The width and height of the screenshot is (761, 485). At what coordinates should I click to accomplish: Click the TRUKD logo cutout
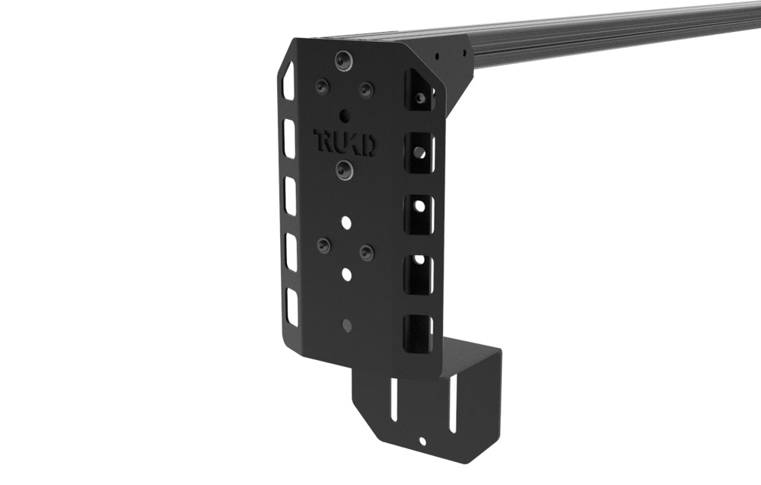pyautogui.click(x=345, y=142)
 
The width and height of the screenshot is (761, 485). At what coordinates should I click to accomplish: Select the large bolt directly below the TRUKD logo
pyautogui.click(x=345, y=169)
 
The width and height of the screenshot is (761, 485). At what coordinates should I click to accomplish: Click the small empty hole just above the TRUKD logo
pyautogui.click(x=345, y=116)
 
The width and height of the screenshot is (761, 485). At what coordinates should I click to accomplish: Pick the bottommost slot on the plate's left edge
pyautogui.click(x=292, y=307)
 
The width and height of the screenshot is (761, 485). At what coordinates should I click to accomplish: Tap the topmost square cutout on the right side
pyautogui.click(x=418, y=90)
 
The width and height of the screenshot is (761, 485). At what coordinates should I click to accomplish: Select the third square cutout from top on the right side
pyautogui.click(x=418, y=214)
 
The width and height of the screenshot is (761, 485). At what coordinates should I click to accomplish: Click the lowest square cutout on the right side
pyautogui.click(x=417, y=333)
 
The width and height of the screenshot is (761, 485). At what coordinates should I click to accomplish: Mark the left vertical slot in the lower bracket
pyautogui.click(x=393, y=400)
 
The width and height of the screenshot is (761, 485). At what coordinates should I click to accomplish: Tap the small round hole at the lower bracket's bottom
pyautogui.click(x=422, y=441)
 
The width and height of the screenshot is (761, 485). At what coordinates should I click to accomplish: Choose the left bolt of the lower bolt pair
pyautogui.click(x=324, y=245)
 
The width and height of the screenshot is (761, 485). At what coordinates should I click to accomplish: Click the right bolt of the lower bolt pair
pyautogui.click(x=367, y=252)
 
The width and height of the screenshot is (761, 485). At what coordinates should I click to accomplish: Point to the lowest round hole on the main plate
pyautogui.click(x=347, y=325)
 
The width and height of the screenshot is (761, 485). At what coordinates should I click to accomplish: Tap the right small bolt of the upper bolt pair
pyautogui.click(x=366, y=90)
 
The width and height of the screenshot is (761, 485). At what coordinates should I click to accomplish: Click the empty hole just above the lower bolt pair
pyautogui.click(x=346, y=222)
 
